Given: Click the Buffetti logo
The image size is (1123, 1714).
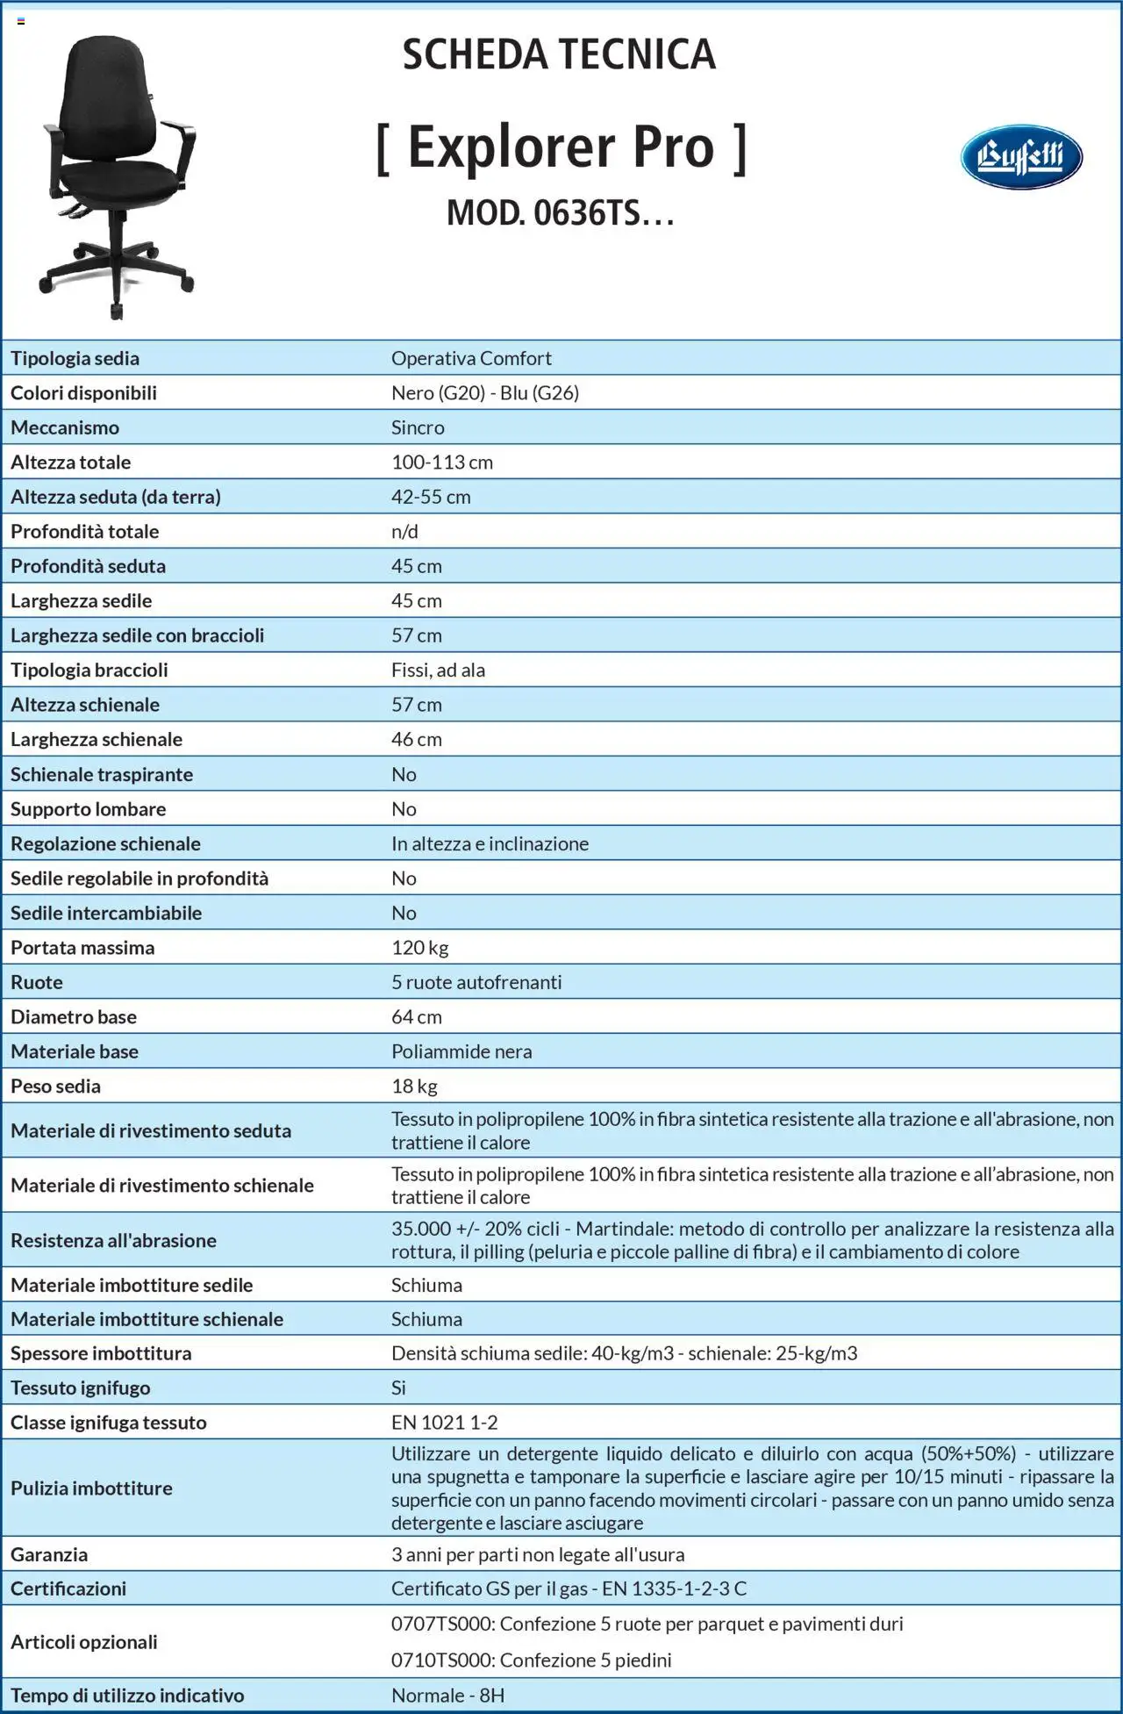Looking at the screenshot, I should tap(1020, 157).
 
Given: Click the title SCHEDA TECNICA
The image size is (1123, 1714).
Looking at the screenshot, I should tap(559, 54).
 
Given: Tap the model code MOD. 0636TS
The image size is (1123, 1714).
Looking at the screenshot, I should tap(560, 212).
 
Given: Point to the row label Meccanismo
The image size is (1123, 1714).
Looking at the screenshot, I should tap(65, 427).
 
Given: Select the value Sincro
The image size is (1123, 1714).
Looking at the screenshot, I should tap(418, 427).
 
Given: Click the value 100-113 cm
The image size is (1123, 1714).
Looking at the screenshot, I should tap(442, 463).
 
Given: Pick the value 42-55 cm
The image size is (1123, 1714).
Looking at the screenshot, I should tap(431, 497).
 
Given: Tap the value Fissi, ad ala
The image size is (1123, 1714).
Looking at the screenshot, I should tap(438, 670).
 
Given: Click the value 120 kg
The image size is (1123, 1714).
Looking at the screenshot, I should tap(419, 948).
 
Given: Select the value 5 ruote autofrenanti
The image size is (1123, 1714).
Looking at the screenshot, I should tap(476, 982).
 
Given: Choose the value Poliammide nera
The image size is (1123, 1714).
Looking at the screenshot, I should tap(461, 1051).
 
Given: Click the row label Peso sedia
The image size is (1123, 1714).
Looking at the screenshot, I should tap(55, 1086).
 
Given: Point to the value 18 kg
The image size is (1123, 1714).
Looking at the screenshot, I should tap(414, 1086).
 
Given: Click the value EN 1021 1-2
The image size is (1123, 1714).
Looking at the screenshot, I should tap(445, 1423).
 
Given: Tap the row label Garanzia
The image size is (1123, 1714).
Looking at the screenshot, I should tap(49, 1554).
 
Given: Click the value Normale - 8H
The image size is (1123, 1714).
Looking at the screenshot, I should tap(447, 1696).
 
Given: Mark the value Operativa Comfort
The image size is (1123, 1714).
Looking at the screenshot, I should tap(471, 358).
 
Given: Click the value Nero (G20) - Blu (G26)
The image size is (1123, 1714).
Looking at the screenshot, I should tap(485, 392).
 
